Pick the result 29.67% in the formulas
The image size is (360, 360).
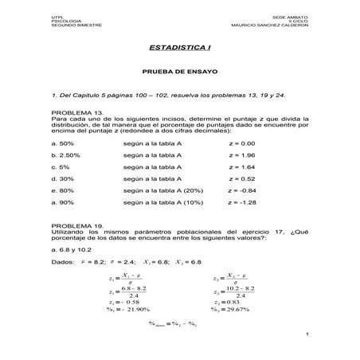pos(237,309)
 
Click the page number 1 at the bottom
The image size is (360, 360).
pos(306,343)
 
